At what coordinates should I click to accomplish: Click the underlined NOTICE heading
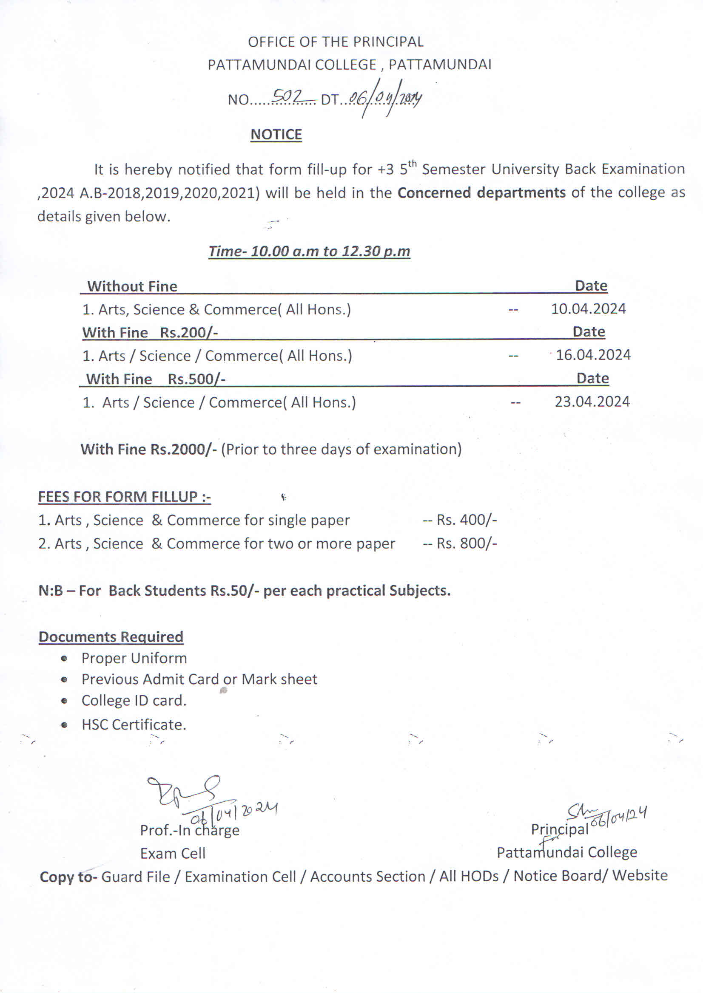pyautogui.click(x=276, y=135)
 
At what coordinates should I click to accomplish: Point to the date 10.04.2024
pyautogui.click(x=588, y=309)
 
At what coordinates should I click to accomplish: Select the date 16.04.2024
pyautogui.click(x=592, y=355)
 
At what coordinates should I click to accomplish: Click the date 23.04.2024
pyautogui.click(x=592, y=402)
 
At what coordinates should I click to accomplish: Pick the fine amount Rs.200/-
pyautogui.click(x=188, y=333)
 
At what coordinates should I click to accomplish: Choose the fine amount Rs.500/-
pyautogui.click(x=196, y=379)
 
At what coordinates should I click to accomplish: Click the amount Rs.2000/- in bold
pyautogui.click(x=184, y=450)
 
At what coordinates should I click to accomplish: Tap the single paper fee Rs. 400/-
pyautogui.click(x=466, y=520)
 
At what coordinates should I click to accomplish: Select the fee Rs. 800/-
pyautogui.click(x=466, y=543)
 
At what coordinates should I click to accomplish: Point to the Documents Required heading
pyautogui.click(x=111, y=637)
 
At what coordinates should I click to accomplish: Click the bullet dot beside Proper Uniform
pyautogui.click(x=64, y=659)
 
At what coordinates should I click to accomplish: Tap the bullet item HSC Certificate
pyautogui.click(x=134, y=724)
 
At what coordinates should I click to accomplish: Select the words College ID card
pyautogui.click(x=134, y=701)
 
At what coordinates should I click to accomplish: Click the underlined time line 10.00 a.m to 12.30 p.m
pyautogui.click(x=309, y=251)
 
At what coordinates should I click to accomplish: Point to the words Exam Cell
pyautogui.click(x=172, y=853)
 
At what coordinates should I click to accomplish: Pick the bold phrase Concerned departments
pyautogui.click(x=481, y=192)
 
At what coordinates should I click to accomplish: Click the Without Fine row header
pyautogui.click(x=132, y=286)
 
